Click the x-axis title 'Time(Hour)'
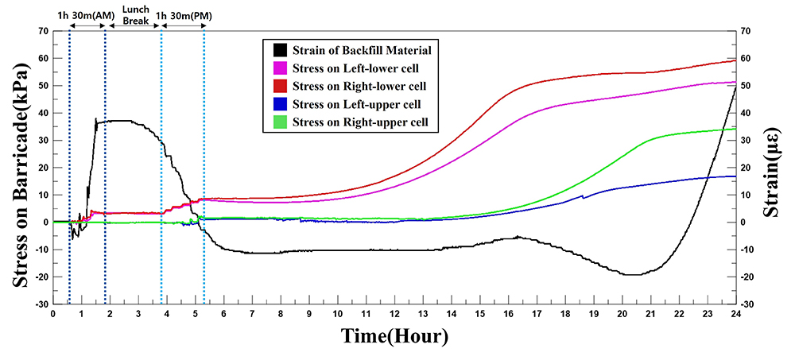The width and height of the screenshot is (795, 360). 395,337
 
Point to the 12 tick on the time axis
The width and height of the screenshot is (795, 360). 395,315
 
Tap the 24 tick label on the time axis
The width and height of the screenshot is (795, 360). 736,315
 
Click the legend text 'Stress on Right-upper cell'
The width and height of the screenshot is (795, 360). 360,122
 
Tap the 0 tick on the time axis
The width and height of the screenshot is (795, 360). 53,315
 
